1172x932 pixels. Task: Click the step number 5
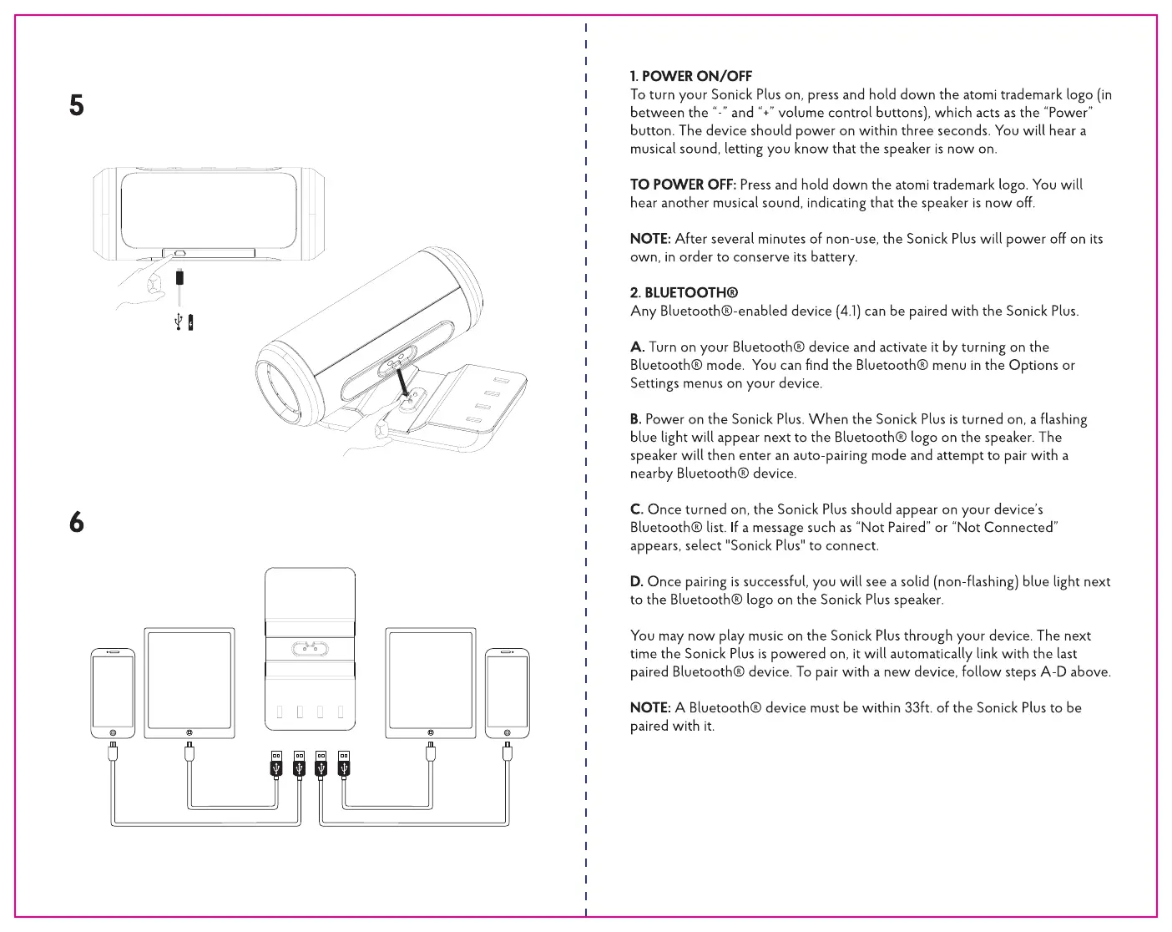[x=77, y=105]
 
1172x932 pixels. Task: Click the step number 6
[x=77, y=523]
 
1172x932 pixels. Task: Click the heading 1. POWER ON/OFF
[x=691, y=76]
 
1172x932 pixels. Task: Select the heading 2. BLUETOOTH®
[x=684, y=292]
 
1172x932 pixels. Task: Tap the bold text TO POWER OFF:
[x=683, y=185]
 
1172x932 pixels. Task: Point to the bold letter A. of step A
[x=637, y=347]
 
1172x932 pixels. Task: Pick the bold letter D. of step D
[x=637, y=581]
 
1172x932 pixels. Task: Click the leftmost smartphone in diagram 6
[x=113, y=691]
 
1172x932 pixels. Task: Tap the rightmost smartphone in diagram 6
[x=507, y=691]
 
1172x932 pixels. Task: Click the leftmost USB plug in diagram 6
[x=276, y=763]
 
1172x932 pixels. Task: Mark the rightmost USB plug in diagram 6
[x=343, y=763]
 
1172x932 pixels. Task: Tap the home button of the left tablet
[x=189, y=732]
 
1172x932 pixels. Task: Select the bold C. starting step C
[x=637, y=509]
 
